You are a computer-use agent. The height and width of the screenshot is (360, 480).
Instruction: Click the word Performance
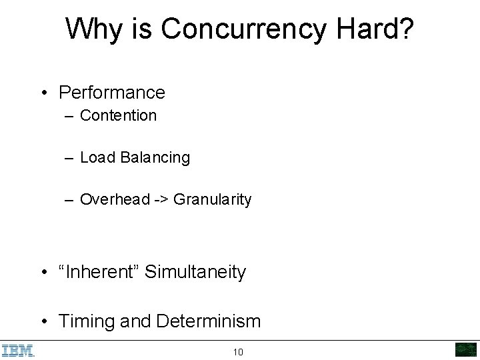pyautogui.click(x=112, y=93)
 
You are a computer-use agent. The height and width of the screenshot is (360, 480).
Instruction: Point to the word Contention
pyautogui.click(x=118, y=115)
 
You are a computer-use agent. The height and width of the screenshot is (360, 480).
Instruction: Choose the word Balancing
pyautogui.click(x=155, y=158)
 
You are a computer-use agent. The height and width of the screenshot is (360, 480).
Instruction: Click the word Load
pyautogui.click(x=98, y=158)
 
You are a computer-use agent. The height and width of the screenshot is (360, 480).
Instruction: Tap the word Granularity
pyautogui.click(x=213, y=199)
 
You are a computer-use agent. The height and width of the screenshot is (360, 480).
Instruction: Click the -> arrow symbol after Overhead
pyautogui.click(x=162, y=200)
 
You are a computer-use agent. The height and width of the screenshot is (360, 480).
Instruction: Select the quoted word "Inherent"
pyautogui.click(x=99, y=272)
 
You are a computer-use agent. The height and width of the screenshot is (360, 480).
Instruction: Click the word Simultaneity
pyautogui.click(x=195, y=272)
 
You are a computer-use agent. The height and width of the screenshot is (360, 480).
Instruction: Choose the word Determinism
pyautogui.click(x=209, y=321)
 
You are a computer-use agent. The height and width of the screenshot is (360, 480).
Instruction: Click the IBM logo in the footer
pyautogui.click(x=17, y=351)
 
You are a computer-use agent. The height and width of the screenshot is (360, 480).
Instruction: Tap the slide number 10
pyautogui.click(x=238, y=352)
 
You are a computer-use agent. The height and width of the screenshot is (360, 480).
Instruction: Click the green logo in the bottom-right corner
pyautogui.click(x=465, y=350)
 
